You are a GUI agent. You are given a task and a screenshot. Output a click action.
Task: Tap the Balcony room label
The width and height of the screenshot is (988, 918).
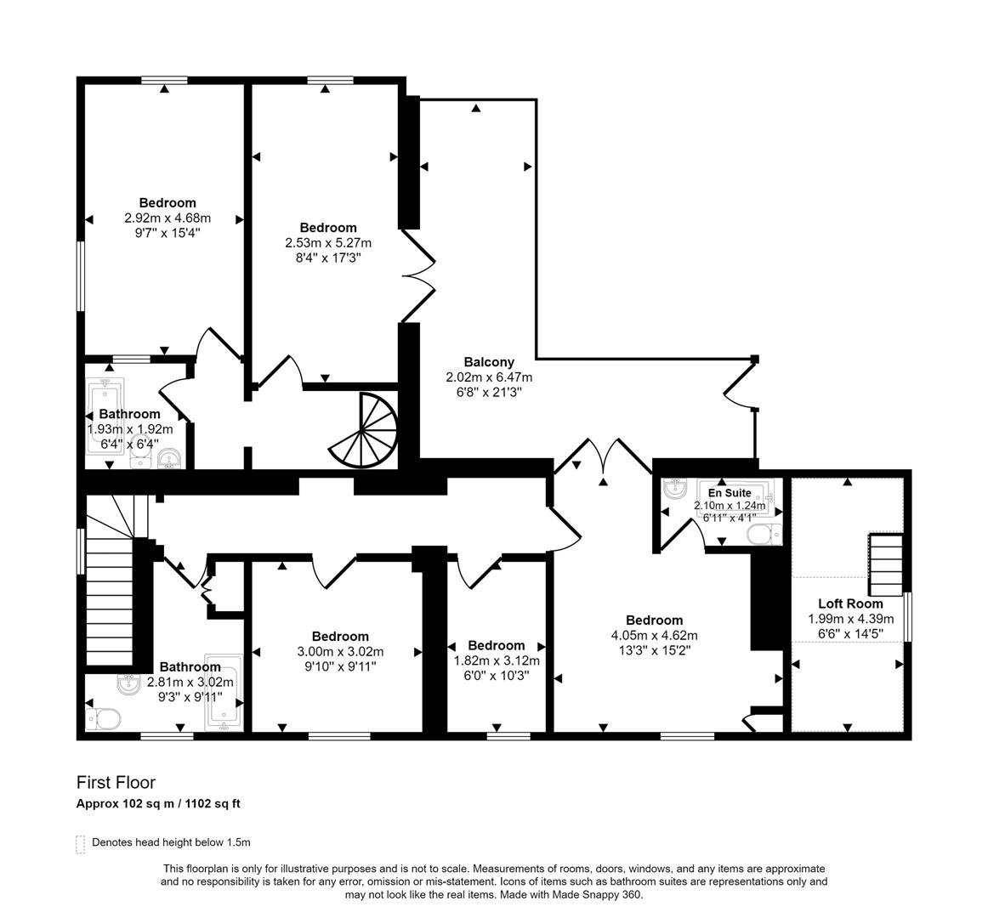(489, 362)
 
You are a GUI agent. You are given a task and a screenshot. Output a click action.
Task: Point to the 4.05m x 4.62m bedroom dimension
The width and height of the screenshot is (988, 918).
(654, 636)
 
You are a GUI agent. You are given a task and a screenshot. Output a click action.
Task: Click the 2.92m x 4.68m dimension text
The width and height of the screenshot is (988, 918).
(167, 218)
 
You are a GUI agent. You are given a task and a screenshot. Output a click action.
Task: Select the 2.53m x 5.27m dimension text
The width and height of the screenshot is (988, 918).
(327, 243)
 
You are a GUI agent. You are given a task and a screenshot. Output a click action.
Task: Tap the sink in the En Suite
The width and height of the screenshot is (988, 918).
(676, 489)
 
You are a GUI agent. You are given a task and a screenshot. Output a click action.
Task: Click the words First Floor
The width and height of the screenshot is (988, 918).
(116, 783)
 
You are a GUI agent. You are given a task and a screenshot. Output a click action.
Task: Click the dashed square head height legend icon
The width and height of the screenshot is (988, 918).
(81, 843)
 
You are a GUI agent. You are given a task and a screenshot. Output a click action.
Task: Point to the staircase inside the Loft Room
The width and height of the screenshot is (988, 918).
(884, 565)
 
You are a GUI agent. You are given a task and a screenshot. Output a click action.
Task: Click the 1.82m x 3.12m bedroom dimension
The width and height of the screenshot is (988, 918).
(496, 660)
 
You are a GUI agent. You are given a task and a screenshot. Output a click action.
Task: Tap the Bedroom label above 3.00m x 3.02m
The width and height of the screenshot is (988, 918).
(340, 637)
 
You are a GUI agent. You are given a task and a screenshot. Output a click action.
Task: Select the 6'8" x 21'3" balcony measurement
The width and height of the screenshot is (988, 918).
(489, 392)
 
